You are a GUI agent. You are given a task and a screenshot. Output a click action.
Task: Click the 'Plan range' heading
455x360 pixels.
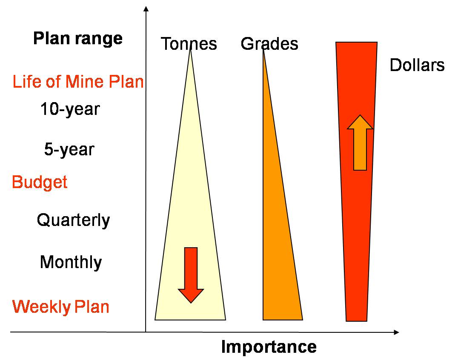[x=78, y=39]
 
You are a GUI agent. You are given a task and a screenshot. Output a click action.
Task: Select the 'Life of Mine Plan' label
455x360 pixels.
[x=78, y=82]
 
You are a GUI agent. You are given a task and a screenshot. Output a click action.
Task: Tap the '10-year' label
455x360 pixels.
[x=70, y=109]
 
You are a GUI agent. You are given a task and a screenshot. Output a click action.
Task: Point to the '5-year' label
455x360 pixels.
[x=69, y=150]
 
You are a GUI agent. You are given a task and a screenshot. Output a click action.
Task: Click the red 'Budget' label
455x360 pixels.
[x=40, y=183]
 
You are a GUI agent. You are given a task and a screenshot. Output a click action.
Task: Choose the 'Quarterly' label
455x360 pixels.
[x=73, y=220]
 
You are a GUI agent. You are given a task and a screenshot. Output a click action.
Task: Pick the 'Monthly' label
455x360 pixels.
[x=71, y=262]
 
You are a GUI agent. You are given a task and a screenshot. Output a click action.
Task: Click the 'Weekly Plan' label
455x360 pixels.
[x=60, y=307]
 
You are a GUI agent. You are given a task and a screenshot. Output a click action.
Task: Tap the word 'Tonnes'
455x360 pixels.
[x=189, y=44]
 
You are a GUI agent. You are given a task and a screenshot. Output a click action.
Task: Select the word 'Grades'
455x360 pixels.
[x=269, y=44]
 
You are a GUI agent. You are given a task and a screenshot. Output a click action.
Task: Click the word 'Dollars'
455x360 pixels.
[x=417, y=66]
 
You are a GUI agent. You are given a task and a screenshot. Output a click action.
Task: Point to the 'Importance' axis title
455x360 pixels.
[x=269, y=347]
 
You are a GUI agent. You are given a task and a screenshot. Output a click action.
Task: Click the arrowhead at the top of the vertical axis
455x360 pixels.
[x=146, y=9]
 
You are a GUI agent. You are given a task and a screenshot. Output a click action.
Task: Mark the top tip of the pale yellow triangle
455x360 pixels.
[x=190, y=51]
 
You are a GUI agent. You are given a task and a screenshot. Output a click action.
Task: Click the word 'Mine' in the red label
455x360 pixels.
[x=86, y=82]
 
